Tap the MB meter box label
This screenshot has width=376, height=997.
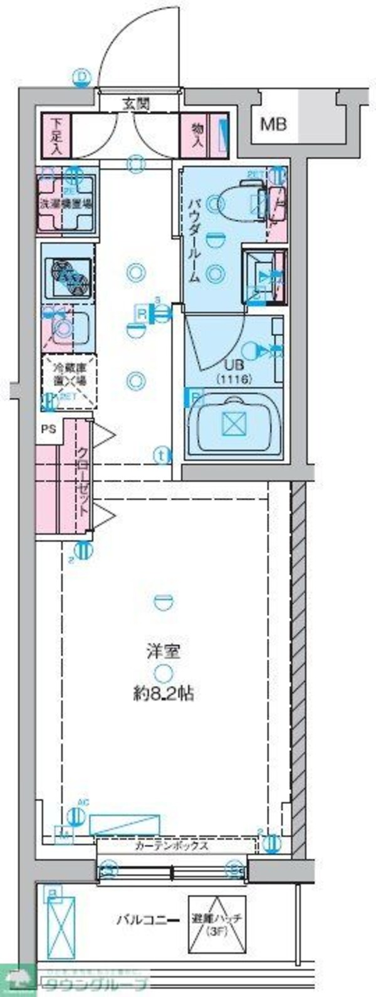pyautogui.click(x=273, y=124)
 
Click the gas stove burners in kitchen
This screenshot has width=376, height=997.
pyautogui.click(x=68, y=274)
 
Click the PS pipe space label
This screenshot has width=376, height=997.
pyautogui.click(x=48, y=429)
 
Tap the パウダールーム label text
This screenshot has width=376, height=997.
pyautogui.click(x=194, y=240)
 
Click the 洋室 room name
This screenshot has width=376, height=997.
pyautogui.click(x=163, y=651)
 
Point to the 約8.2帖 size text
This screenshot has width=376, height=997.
pyautogui.click(x=163, y=694)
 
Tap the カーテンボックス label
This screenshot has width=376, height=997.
pyautogui.click(x=172, y=845)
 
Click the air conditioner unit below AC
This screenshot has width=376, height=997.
pyautogui.click(x=124, y=825)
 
